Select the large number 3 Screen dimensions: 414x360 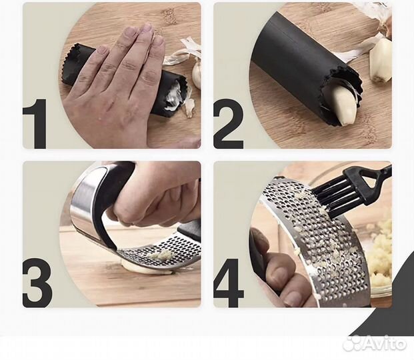coord(37,283)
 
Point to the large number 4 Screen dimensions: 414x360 coord(229,283)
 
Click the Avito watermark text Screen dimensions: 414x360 coord(377,343)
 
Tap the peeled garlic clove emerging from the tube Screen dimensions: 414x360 coord(345,105)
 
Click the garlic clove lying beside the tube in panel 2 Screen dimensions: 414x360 coord(380,60)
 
